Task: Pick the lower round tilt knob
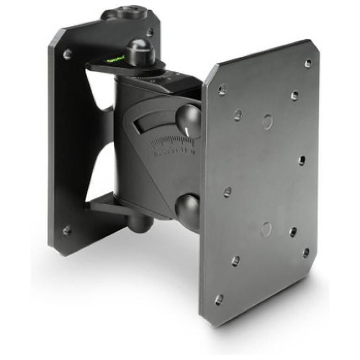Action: coord(187,208)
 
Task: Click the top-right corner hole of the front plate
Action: coord(307,62)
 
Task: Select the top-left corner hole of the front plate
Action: coord(222,88)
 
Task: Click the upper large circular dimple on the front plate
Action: coord(267,121)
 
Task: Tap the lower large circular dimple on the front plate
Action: coord(266,229)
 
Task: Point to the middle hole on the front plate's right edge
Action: coord(301,160)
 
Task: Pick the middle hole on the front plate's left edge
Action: coord(227,191)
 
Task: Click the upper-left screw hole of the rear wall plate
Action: coord(67,54)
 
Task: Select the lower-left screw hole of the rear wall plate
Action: coord(67,231)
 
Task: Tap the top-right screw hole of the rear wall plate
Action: coord(150,33)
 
